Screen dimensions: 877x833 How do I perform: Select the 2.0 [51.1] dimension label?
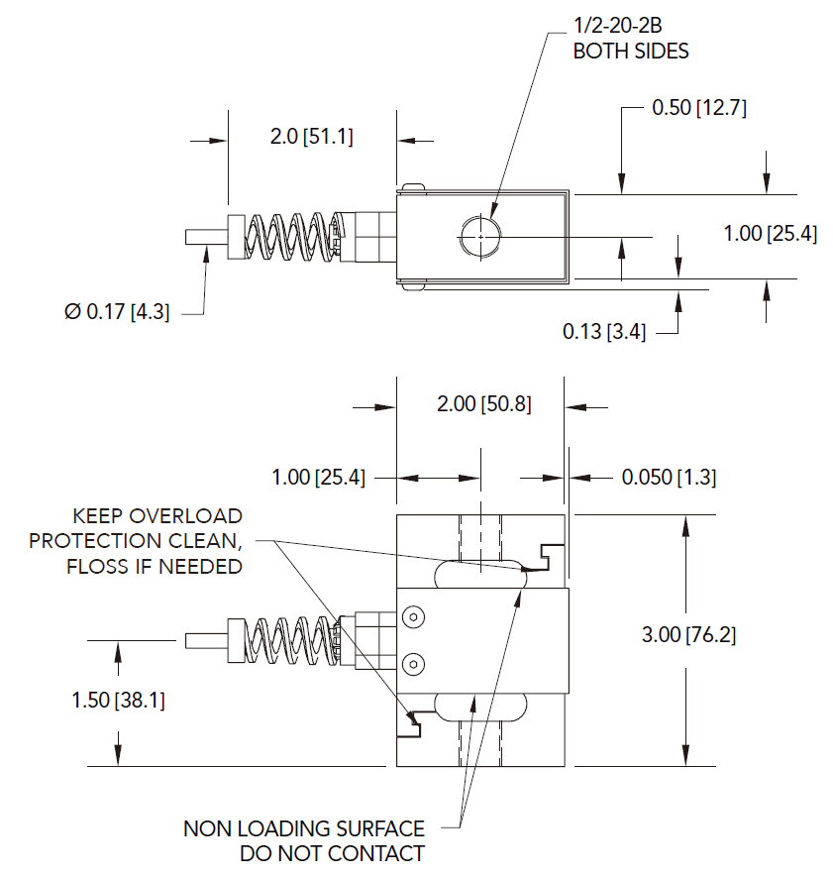[x=311, y=137]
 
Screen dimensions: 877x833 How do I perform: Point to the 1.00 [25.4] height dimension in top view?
[x=770, y=235]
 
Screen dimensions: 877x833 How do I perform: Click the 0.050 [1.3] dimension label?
[x=669, y=478]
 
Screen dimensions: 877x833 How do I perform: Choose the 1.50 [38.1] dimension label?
[x=118, y=701]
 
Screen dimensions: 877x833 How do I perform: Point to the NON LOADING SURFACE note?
[x=304, y=840]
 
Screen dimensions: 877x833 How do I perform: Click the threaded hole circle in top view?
[x=479, y=237]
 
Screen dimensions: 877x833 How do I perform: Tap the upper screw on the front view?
[x=413, y=618]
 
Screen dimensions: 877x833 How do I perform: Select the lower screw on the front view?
[x=413, y=662]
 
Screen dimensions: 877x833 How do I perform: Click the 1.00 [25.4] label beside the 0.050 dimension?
[x=318, y=478]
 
